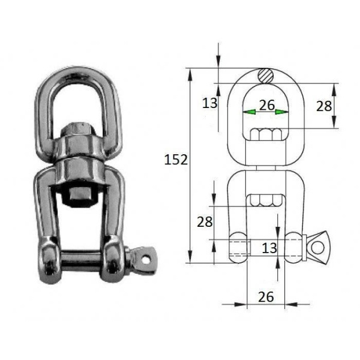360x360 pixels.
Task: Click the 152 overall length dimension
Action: point(176,160)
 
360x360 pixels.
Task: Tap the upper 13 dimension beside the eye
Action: point(209,103)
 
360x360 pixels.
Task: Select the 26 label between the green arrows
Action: point(267,105)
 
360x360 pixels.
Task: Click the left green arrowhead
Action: point(249,112)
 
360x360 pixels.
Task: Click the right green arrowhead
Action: point(282,112)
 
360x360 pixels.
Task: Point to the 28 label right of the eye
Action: point(324,106)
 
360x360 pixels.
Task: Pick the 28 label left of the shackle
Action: point(205,222)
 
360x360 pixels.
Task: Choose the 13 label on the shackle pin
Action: point(269,248)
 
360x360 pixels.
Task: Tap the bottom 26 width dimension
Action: point(266,297)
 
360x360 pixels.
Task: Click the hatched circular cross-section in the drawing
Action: point(265,76)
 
